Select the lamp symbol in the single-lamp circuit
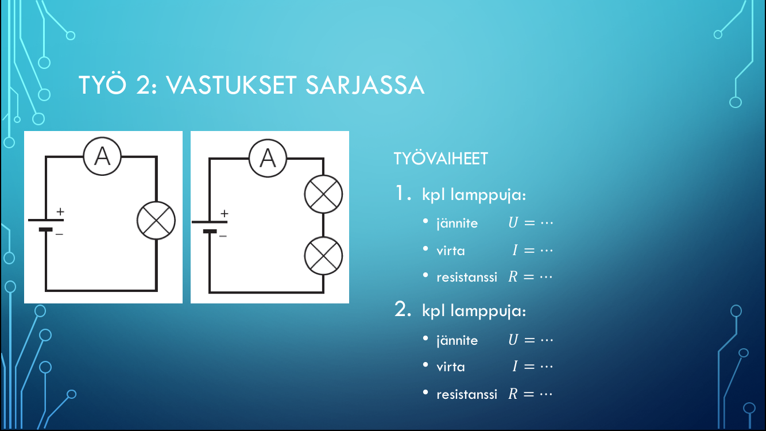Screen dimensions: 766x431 [x=156, y=221]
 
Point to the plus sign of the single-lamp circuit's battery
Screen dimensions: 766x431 [x=60, y=211]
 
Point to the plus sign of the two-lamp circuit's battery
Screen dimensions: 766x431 [x=225, y=214]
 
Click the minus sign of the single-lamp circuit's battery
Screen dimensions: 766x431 [x=59, y=234]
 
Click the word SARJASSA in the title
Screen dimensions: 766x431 [x=365, y=85]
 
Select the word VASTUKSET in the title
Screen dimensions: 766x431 [x=231, y=85]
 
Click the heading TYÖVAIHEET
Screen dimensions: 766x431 [x=441, y=159]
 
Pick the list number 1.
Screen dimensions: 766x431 [x=403, y=193]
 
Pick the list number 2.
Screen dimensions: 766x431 [x=403, y=309]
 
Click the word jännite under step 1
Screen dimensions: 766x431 [x=457, y=223]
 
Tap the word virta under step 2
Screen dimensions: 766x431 [x=451, y=367]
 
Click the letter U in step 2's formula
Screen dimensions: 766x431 [x=513, y=340]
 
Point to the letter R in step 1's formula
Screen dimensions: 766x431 [x=513, y=277]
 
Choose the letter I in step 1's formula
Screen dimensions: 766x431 [x=515, y=250]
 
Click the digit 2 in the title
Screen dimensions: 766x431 [x=142, y=85]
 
